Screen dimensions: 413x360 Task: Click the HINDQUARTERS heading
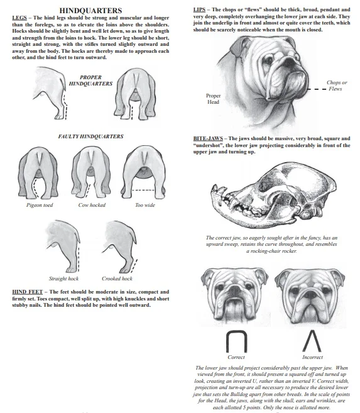click(90, 11)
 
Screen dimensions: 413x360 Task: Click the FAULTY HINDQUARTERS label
click(90, 136)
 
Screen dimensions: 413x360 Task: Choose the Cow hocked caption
click(91, 205)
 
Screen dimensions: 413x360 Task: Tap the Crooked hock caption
click(117, 278)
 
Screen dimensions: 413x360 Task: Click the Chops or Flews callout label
click(337, 85)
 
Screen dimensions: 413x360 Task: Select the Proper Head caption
click(213, 99)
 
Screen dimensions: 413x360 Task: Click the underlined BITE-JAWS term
click(208, 138)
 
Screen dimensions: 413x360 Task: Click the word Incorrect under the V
click(312, 357)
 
